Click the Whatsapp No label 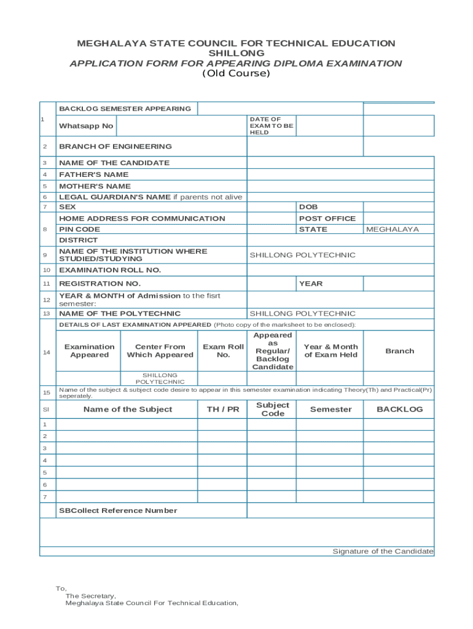click(86, 126)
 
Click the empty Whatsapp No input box click(181, 126)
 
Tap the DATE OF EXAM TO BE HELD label click(272, 126)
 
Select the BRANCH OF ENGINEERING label click(115, 146)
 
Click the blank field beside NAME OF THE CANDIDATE click(340, 163)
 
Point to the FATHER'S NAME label click(94, 174)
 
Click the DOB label click(308, 208)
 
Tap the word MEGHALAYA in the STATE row click(393, 229)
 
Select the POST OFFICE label click(327, 219)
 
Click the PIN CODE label click(80, 229)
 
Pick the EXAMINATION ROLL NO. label click(110, 270)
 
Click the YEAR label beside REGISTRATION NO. click(311, 284)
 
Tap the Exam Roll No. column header click(224, 351)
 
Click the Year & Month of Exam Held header click(330, 351)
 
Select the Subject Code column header click(273, 410)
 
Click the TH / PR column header click(223, 410)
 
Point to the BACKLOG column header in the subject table click(399, 410)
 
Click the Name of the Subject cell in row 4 click(127, 460)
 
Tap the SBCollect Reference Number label click(118, 510)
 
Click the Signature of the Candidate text click(383, 551)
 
